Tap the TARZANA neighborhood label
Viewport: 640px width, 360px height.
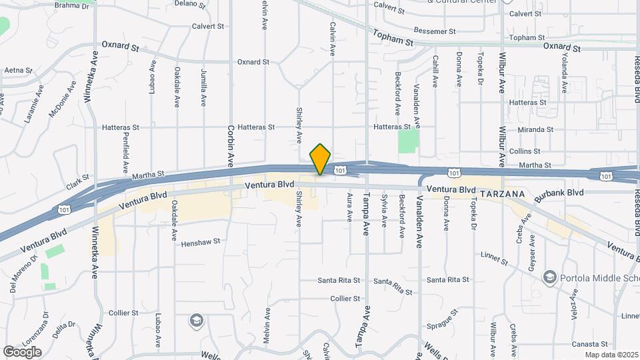(502, 193)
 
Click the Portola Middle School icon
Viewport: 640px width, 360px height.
(549, 277)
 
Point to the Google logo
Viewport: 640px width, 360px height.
(22, 351)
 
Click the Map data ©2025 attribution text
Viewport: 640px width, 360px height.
(611, 355)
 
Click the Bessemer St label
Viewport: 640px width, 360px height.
(434, 31)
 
